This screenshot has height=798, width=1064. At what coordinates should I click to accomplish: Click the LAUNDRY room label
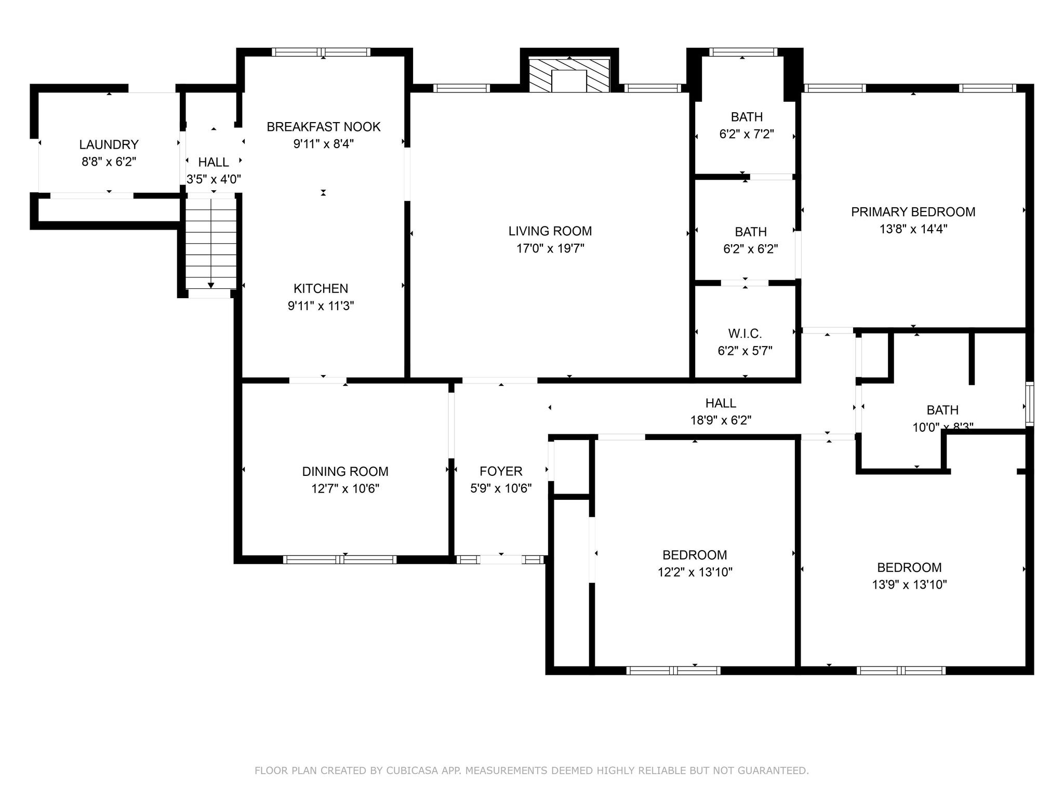point(109,144)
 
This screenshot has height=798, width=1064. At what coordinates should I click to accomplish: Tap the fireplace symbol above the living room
point(569,76)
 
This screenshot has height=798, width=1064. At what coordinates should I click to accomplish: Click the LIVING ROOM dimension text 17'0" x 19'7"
point(550,248)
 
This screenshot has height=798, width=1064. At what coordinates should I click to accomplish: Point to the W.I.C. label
point(745,334)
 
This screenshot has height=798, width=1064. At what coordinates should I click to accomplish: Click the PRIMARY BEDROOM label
point(913,212)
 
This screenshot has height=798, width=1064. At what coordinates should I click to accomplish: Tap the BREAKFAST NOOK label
point(323,127)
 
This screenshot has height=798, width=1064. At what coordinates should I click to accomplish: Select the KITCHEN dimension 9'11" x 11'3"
point(321,305)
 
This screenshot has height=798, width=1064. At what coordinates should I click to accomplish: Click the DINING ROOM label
point(345,471)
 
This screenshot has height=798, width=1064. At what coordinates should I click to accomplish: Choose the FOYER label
point(501,471)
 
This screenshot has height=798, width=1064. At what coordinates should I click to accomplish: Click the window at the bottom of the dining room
point(340,560)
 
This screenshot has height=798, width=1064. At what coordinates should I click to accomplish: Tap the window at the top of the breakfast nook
point(321,52)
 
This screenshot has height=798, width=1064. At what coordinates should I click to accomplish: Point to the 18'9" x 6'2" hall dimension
point(721,420)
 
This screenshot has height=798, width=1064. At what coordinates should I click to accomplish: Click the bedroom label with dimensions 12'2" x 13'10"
point(695,555)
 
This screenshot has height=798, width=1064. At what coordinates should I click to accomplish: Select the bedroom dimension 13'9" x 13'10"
point(909,584)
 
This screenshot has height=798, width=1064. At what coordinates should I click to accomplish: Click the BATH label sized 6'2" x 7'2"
point(747,117)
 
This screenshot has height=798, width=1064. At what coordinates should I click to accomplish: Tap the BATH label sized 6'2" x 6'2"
point(750,232)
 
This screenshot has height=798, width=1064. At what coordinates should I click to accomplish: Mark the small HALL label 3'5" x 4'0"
point(213,162)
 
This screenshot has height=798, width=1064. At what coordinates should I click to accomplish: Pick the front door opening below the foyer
point(501,560)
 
